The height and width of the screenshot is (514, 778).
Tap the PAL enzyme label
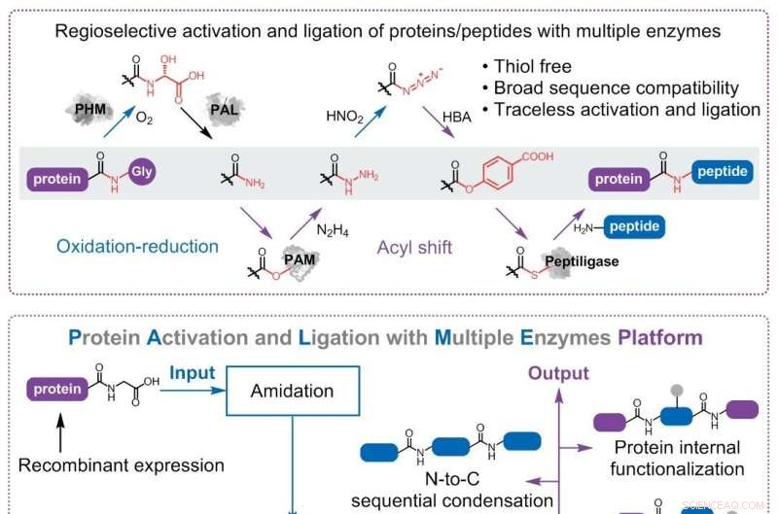pyautogui.click(x=225, y=104)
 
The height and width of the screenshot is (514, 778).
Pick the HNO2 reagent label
pyautogui.click(x=345, y=117)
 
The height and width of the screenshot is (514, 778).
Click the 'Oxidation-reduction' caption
pyautogui.click(x=137, y=246)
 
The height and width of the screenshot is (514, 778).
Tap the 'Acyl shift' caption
pyautogui.click(x=413, y=247)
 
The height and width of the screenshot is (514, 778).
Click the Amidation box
pyautogui.click(x=292, y=392)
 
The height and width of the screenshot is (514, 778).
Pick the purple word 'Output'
pyautogui.click(x=558, y=373)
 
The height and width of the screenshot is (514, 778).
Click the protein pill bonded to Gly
pyautogui.click(x=58, y=180)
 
